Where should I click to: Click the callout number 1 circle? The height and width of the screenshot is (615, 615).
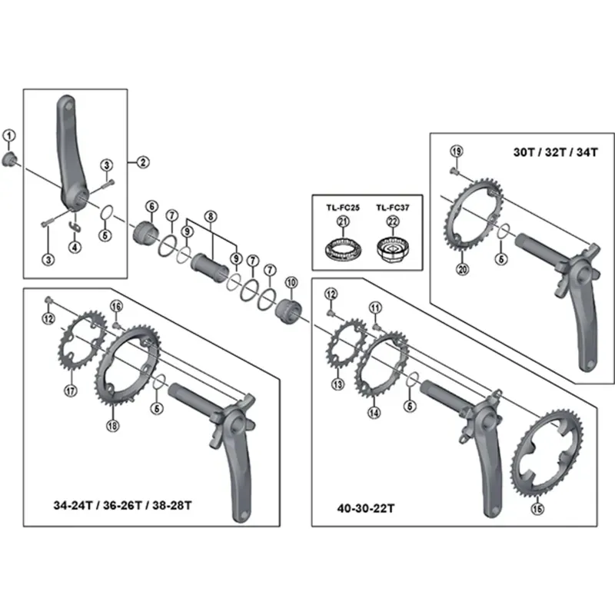[9, 136]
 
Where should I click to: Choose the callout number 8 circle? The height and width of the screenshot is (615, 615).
[211, 217]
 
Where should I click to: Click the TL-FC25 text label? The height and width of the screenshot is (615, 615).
[342, 208]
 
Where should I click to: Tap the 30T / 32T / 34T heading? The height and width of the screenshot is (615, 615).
[555, 151]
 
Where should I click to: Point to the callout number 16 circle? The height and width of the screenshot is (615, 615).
[117, 307]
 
